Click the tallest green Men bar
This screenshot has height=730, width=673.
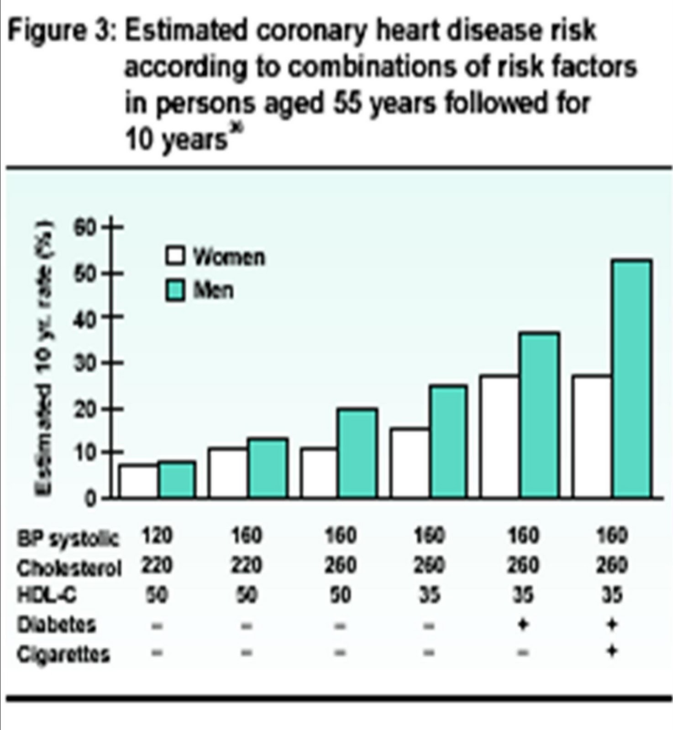pos(633,378)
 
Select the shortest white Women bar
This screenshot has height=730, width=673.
pos(139,481)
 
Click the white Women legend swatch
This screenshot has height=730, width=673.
pos(175,256)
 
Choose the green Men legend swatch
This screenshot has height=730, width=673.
pos(175,291)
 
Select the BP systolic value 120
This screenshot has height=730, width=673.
pos(157,535)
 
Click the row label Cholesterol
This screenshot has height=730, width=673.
pos(68,568)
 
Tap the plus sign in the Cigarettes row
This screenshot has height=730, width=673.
pos(612,652)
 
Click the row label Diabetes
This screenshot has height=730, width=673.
pos(56,624)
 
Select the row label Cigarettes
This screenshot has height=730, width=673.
pos(63,654)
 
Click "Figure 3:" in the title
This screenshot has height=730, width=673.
pos(62,31)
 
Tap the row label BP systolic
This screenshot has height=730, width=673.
pos(68,539)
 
